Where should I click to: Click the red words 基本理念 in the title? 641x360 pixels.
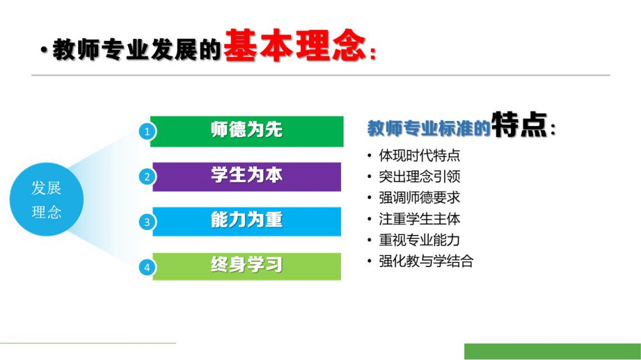tap(295, 45)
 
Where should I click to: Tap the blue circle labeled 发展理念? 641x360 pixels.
tap(47, 199)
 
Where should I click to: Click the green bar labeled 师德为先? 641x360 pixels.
tap(247, 131)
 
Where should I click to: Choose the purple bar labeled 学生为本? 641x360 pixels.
tap(247, 177)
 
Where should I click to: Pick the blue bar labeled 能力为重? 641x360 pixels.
tap(247, 222)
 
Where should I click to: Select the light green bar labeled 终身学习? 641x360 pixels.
tap(247, 266)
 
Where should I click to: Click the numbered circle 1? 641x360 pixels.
tap(147, 132)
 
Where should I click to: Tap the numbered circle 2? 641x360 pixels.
tap(147, 177)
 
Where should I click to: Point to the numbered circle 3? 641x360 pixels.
tap(147, 222)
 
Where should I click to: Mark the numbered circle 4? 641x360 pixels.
tap(147, 268)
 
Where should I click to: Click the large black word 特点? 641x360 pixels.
tap(519, 124)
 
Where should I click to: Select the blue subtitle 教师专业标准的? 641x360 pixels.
tap(429, 128)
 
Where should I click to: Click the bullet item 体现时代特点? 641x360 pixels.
tap(419, 155)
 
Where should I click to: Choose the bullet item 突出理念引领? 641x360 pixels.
tap(419, 177)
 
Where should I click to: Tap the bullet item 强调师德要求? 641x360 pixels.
tap(419, 198)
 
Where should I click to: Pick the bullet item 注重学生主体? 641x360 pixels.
tap(419, 219)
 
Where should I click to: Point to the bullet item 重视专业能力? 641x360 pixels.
tap(419, 240)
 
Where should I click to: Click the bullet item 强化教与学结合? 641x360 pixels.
tap(426, 261)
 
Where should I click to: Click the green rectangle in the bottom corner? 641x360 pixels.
tap(553, 352)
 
